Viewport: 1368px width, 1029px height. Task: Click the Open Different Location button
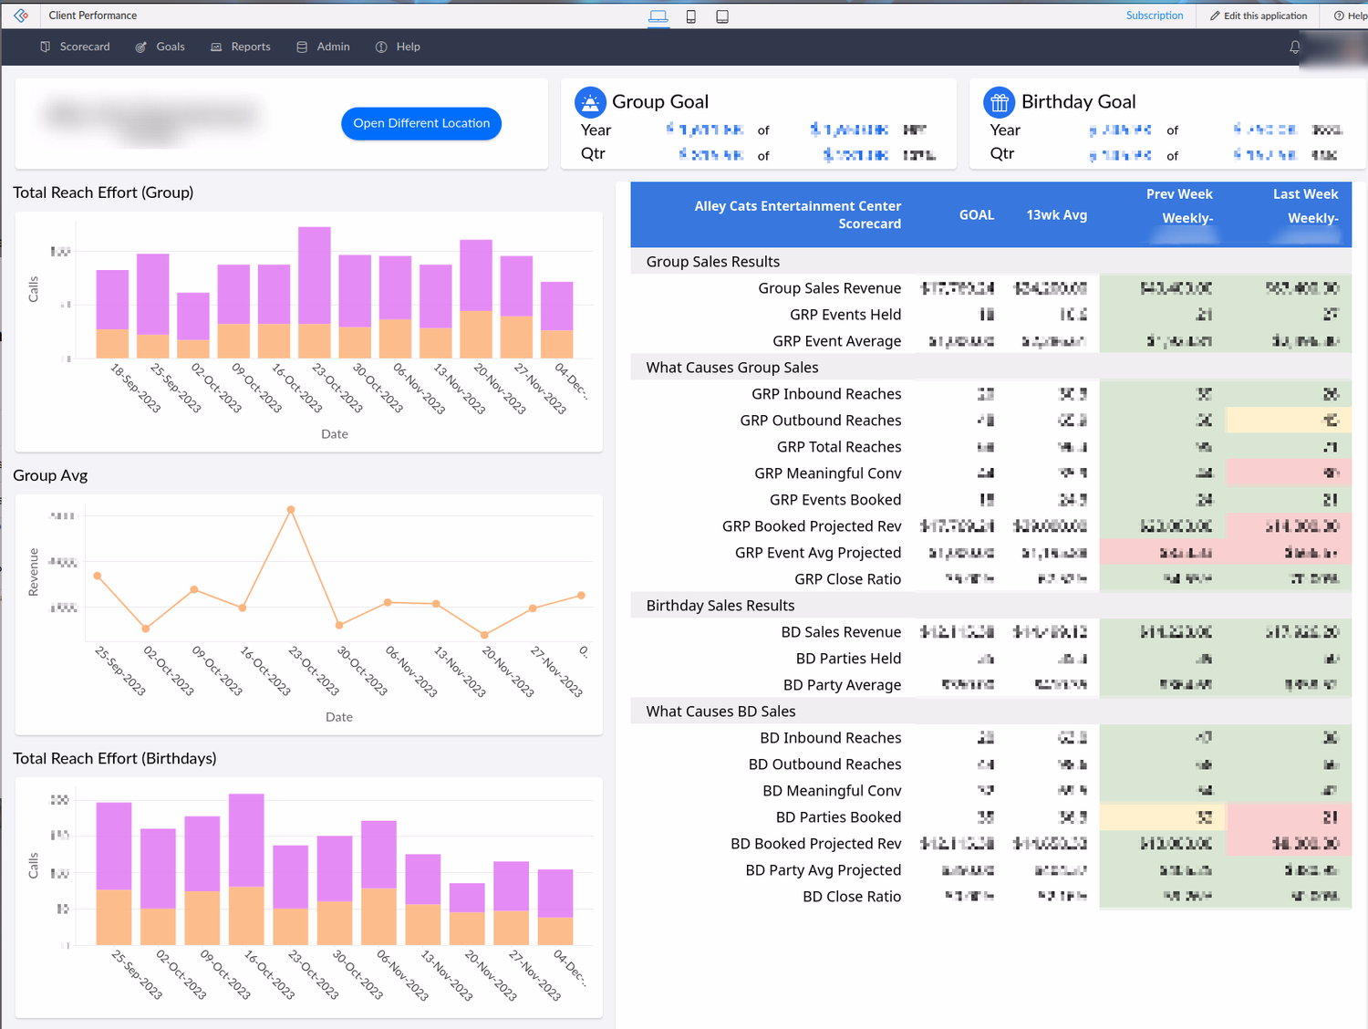point(420,123)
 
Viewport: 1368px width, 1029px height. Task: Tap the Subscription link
point(1154,16)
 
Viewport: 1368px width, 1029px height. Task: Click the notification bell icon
point(1294,47)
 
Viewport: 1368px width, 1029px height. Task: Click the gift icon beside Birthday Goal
point(999,102)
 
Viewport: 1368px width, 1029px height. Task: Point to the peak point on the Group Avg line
point(291,510)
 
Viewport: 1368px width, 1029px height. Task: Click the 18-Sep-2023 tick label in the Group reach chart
point(135,388)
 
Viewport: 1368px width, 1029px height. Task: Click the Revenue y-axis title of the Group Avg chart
point(34,572)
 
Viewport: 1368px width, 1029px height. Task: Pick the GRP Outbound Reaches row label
point(820,421)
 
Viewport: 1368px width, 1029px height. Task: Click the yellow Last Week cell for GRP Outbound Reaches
point(1288,421)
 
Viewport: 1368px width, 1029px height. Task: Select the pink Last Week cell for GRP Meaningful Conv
point(1288,473)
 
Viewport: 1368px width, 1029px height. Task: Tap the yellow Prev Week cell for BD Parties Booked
point(1162,817)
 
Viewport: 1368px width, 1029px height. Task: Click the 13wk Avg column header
point(1056,215)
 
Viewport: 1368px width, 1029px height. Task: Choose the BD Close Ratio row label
point(851,897)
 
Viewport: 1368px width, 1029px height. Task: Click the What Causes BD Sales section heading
point(720,712)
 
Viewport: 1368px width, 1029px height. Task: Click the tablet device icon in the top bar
point(722,16)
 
